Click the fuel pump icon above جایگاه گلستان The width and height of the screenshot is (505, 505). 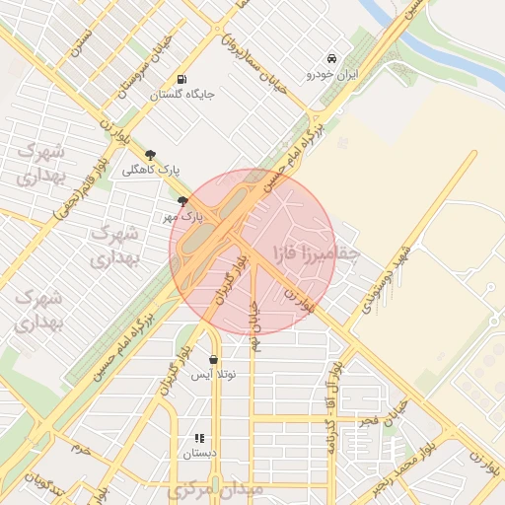(x=180, y=80)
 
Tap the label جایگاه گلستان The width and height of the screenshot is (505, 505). (x=181, y=95)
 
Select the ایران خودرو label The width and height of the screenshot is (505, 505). (x=332, y=73)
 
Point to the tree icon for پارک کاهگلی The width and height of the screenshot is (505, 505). (x=150, y=154)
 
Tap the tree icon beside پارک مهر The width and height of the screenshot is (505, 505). (x=181, y=200)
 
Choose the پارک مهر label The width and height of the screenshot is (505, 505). (x=183, y=214)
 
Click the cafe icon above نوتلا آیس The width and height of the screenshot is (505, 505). (x=214, y=359)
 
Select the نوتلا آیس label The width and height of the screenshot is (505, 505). (x=214, y=374)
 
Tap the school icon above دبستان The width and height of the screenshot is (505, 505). (x=198, y=438)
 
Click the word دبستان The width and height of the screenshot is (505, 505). (x=198, y=454)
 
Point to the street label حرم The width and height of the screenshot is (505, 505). (x=80, y=449)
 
